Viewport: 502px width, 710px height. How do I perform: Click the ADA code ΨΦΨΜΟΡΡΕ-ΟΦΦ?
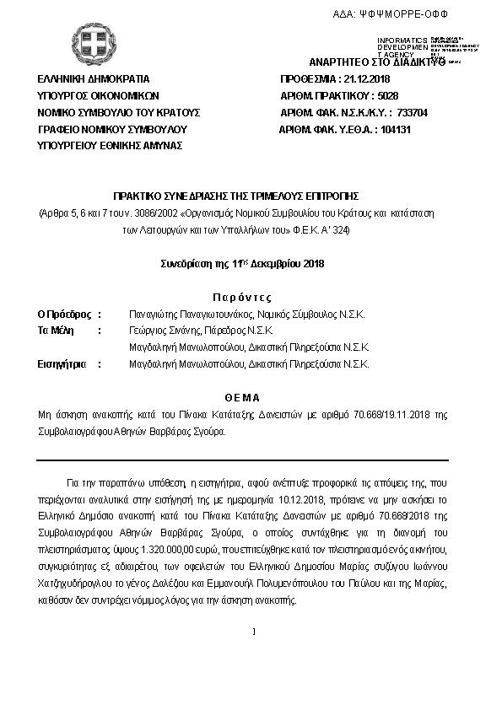click(404, 14)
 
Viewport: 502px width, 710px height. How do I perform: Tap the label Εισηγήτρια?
click(62, 364)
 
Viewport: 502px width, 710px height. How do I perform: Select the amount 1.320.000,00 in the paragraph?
click(154, 546)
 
